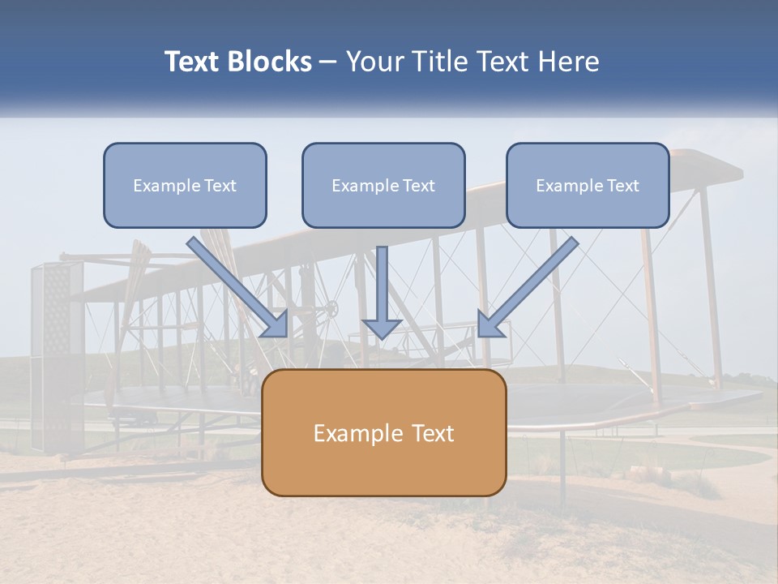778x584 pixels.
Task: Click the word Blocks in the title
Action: point(269,62)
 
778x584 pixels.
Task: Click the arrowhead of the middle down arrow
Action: point(382,328)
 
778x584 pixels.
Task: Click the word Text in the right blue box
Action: point(622,186)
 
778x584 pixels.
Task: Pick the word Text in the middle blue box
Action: point(418,186)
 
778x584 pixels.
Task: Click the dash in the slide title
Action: point(328,62)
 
